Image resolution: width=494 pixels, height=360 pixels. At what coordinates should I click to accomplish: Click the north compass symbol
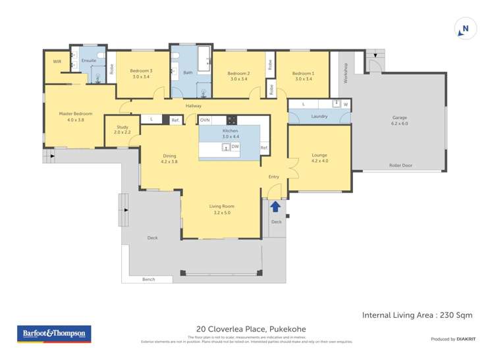[466, 29]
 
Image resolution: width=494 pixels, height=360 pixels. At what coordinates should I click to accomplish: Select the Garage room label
[400, 120]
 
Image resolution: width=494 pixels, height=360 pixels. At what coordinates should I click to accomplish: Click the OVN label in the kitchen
[205, 120]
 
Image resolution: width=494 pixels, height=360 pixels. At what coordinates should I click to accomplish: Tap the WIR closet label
[57, 61]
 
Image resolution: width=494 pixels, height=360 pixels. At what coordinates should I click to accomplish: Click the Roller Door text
[400, 165]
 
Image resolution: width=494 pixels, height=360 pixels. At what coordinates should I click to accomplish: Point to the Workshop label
[344, 72]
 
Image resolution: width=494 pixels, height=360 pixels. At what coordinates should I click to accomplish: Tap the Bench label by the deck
[148, 280]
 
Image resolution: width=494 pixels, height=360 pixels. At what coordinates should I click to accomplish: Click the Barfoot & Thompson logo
[54, 334]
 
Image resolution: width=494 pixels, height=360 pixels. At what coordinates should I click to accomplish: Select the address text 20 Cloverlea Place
[251, 329]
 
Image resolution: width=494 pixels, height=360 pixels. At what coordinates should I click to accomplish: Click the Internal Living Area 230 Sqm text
[417, 315]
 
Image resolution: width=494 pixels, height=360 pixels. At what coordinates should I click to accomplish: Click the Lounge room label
[319, 158]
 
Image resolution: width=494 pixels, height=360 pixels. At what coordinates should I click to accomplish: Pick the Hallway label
[194, 106]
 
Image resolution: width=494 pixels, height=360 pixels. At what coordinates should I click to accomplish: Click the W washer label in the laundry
[346, 104]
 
